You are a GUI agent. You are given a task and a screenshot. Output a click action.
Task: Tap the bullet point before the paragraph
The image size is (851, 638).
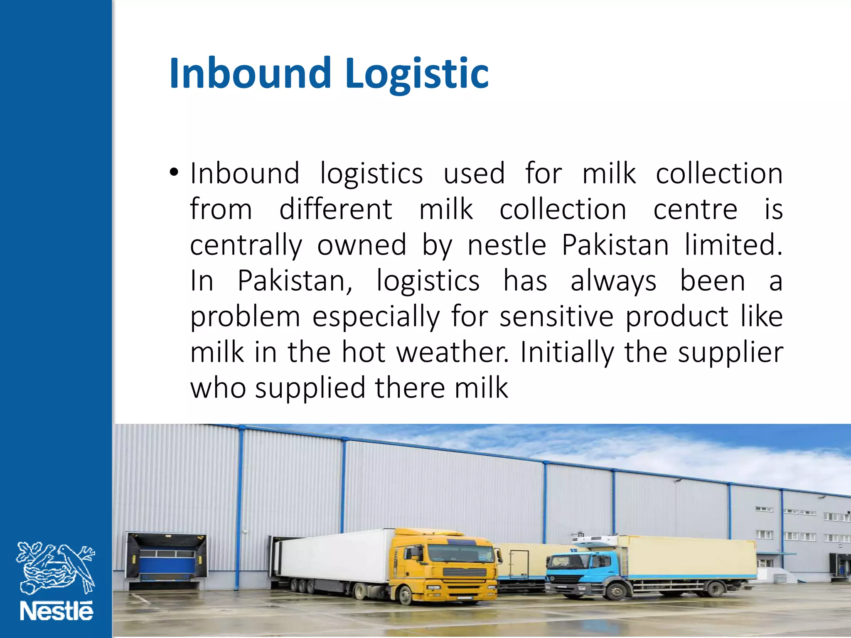[x=174, y=172]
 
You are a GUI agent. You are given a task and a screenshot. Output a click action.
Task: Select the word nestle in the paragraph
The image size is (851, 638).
[x=507, y=245]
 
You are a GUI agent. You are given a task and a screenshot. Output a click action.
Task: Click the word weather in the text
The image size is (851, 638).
[x=452, y=352]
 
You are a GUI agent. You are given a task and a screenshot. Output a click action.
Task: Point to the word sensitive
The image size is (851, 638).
[x=556, y=317]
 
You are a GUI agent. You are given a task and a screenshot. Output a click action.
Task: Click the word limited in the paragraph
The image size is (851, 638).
[x=733, y=245]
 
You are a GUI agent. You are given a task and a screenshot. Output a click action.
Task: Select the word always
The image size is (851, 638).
[x=613, y=282]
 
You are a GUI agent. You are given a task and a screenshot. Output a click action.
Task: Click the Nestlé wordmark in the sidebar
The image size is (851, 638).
[x=57, y=611]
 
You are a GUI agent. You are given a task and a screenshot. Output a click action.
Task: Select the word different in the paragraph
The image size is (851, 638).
[x=335, y=209]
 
